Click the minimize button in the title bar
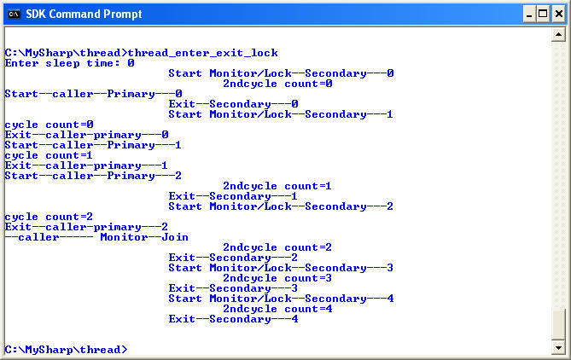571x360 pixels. click(526, 14)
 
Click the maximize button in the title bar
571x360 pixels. click(541, 14)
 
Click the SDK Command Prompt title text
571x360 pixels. click(84, 14)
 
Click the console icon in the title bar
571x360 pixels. click(13, 14)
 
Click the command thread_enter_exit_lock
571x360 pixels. click(202, 53)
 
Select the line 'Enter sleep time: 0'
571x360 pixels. click(70, 63)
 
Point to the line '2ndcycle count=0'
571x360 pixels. click(277, 84)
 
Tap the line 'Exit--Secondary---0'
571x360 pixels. click(233, 104)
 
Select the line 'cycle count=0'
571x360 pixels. click(49, 125)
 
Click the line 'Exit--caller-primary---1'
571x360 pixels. click(86, 165)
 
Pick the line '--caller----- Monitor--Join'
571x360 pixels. click(96, 237)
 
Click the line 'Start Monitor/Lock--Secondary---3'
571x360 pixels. click(281, 268)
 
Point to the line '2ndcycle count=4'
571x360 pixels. click(277, 309)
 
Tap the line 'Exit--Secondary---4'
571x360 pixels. click(233, 319)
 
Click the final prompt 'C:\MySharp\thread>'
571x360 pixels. click(66, 350)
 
